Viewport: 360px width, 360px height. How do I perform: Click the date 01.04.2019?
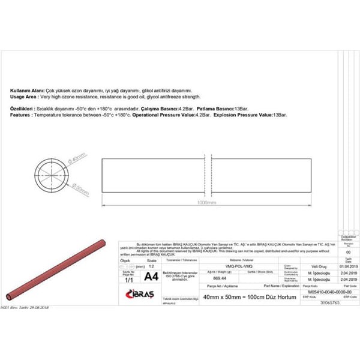tap(348, 266)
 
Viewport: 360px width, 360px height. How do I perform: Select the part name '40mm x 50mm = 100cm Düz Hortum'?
tap(244, 298)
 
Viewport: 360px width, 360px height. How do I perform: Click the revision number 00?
tap(349, 253)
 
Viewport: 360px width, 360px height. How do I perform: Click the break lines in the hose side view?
tap(206, 175)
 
